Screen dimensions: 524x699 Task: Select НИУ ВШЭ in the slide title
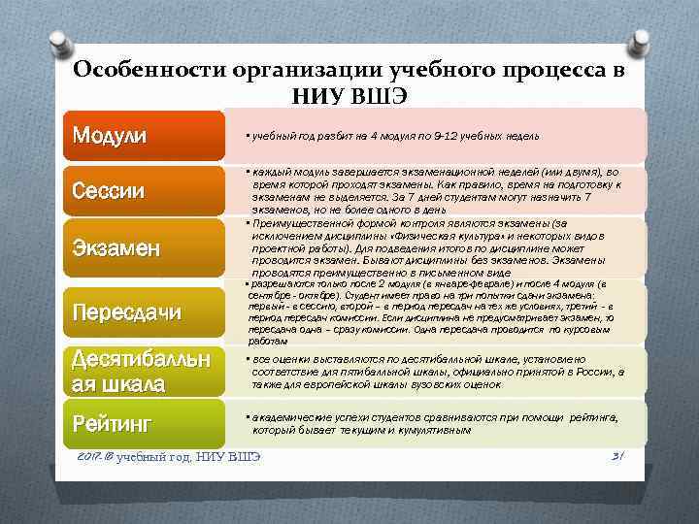click(349, 95)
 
